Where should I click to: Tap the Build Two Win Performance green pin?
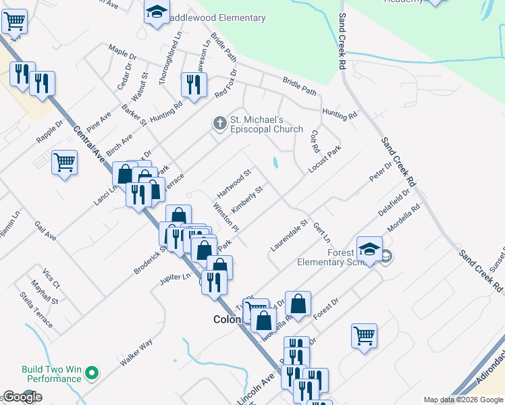coord(94,372)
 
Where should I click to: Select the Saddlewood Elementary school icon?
coord(157,12)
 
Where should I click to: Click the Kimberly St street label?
coord(246,197)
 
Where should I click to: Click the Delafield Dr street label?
coord(394,202)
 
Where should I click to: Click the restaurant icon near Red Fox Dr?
coord(193,84)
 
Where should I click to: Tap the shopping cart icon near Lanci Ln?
coord(65,161)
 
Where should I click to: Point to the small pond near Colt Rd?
coord(276,163)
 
